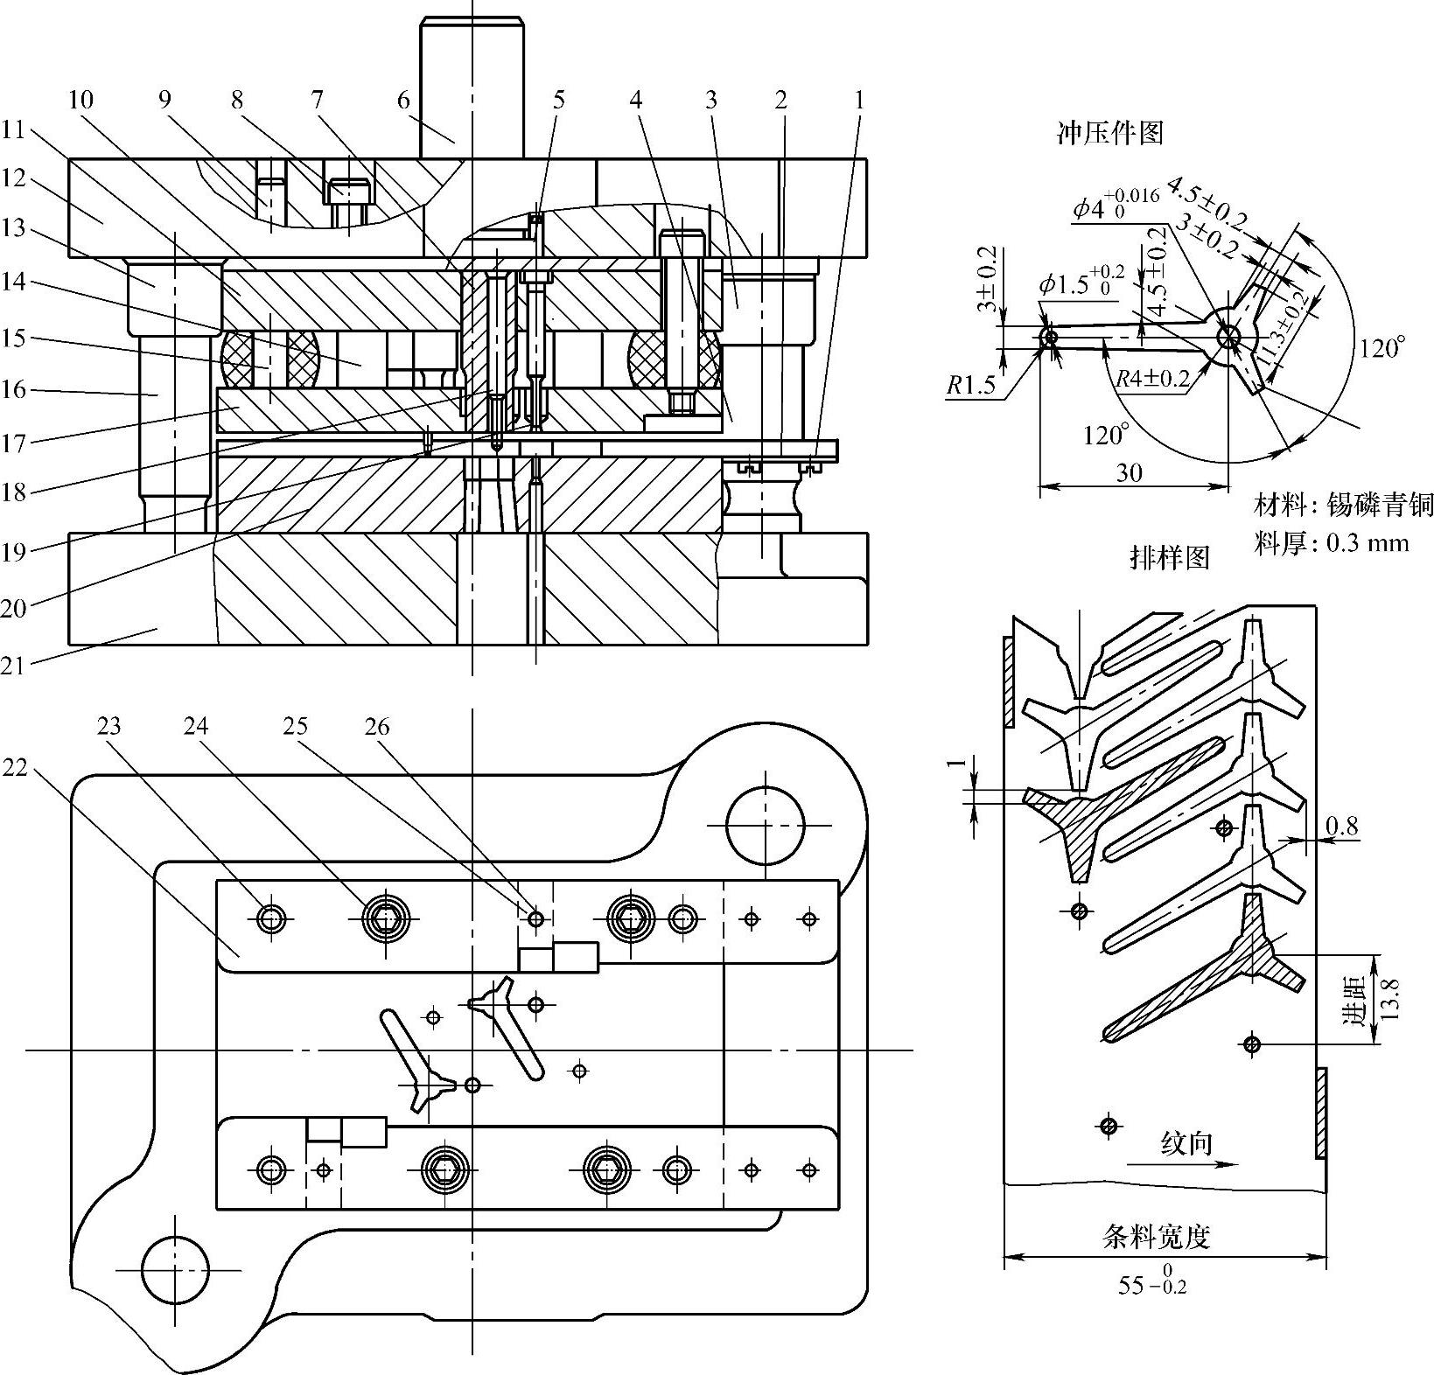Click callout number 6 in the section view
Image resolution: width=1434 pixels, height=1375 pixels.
pyautogui.click(x=403, y=100)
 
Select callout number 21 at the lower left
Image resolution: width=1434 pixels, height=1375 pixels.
pyautogui.click(x=14, y=666)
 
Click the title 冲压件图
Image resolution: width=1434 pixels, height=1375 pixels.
pyautogui.click(x=1110, y=133)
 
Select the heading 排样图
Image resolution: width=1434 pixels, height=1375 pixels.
pyautogui.click(x=1170, y=557)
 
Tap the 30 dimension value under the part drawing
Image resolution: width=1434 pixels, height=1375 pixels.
pyautogui.click(x=1130, y=473)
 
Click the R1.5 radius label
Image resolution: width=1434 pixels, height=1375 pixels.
pyautogui.click(x=972, y=386)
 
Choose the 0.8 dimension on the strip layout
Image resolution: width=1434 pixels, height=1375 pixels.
pyautogui.click(x=1341, y=825)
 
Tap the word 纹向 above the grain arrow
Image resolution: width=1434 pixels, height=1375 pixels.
pyautogui.click(x=1186, y=1142)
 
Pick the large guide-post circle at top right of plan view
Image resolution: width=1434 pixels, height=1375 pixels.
pyautogui.click(x=766, y=826)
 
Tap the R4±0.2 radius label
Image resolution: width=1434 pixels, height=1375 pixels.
pyautogui.click(x=1153, y=379)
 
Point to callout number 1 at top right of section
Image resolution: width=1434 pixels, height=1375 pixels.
pyautogui.click(x=858, y=100)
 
